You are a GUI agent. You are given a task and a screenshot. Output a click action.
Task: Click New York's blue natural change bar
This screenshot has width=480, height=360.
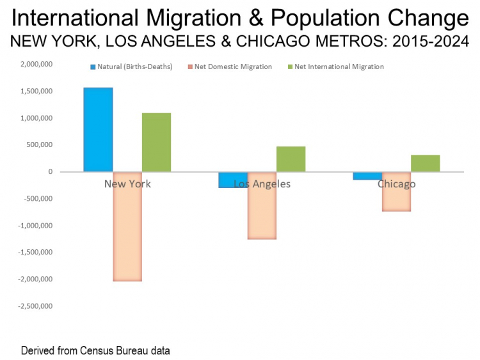click(x=98, y=129)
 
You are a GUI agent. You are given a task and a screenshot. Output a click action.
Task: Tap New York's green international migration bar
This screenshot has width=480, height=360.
click(x=156, y=142)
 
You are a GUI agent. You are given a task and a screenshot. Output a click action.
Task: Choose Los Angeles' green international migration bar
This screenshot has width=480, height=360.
click(x=291, y=159)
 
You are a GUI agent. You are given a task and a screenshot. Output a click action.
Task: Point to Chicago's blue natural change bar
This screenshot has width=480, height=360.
click(x=367, y=176)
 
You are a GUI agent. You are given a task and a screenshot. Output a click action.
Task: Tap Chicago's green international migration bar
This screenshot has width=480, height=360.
click(x=425, y=163)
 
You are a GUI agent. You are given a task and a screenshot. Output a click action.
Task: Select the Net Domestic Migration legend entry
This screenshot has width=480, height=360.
click(x=238, y=67)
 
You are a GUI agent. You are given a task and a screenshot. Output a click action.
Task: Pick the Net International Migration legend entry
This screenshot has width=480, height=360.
click(x=339, y=67)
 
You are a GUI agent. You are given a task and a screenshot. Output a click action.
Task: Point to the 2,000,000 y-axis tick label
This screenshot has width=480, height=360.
click(x=36, y=65)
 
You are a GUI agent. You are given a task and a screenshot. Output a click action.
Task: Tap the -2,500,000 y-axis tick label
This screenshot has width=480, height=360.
click(x=34, y=306)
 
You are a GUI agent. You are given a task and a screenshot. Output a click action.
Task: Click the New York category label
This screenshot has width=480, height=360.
click(x=127, y=184)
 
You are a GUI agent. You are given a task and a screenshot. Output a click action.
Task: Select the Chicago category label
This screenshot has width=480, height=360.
click(x=396, y=184)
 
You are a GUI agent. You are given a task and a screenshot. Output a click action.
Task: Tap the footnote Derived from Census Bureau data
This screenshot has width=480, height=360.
click(x=95, y=351)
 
